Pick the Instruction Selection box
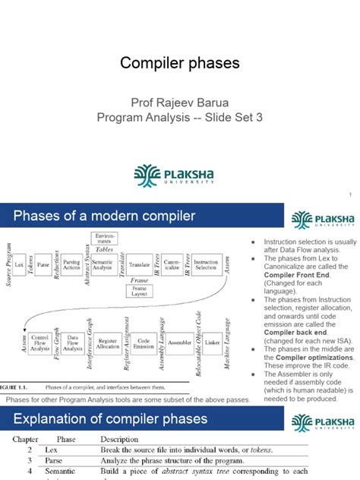[206, 264]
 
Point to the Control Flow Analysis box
[41, 343]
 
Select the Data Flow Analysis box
[74, 343]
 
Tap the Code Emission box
[144, 343]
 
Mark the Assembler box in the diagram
[180, 343]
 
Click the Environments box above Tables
[104, 238]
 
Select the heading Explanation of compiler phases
[110, 418]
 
